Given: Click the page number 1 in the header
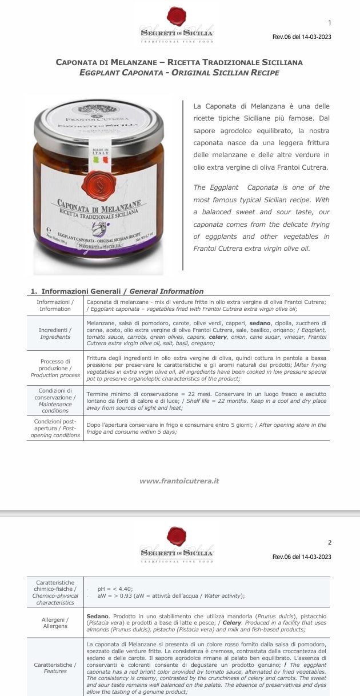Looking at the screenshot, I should [x=330, y=23].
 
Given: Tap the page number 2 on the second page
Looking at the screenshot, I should [x=330, y=542].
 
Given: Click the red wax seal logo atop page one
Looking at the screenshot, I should [x=177, y=16].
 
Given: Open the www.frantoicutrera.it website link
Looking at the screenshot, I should [x=179, y=481].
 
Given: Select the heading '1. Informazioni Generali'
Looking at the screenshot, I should [x=117, y=291].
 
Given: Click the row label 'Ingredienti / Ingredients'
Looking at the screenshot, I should [x=55, y=334].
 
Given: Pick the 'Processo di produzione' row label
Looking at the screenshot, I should [x=55, y=368].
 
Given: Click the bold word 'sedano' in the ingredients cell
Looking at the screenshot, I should [x=260, y=323].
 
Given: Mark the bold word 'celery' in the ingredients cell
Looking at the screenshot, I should [x=217, y=337].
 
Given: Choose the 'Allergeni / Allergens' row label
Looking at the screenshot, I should [x=55, y=623].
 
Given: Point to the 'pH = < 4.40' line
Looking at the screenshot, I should [x=115, y=589].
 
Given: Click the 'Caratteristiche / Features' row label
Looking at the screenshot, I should [x=55, y=668].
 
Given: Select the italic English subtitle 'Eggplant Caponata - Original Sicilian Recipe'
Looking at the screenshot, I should [x=179, y=73].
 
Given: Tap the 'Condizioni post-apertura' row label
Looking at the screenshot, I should [x=55, y=429].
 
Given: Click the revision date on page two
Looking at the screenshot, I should [x=302, y=557].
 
